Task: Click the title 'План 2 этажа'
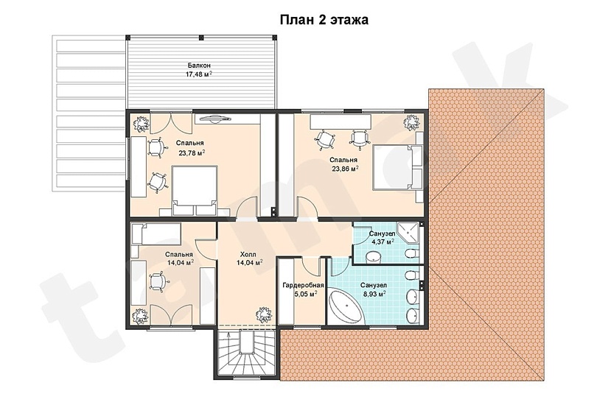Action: click(324, 20)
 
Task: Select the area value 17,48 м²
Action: click(199, 74)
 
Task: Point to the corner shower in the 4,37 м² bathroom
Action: click(408, 233)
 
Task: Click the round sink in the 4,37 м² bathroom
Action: click(374, 256)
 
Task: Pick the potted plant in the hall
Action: click(262, 314)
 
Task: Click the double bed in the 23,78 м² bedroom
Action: click(195, 189)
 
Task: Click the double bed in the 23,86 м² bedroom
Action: click(396, 167)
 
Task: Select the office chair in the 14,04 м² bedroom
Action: click(157, 280)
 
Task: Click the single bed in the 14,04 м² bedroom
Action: click(156, 234)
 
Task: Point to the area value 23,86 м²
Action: click(344, 168)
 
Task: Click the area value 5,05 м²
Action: click(303, 293)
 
